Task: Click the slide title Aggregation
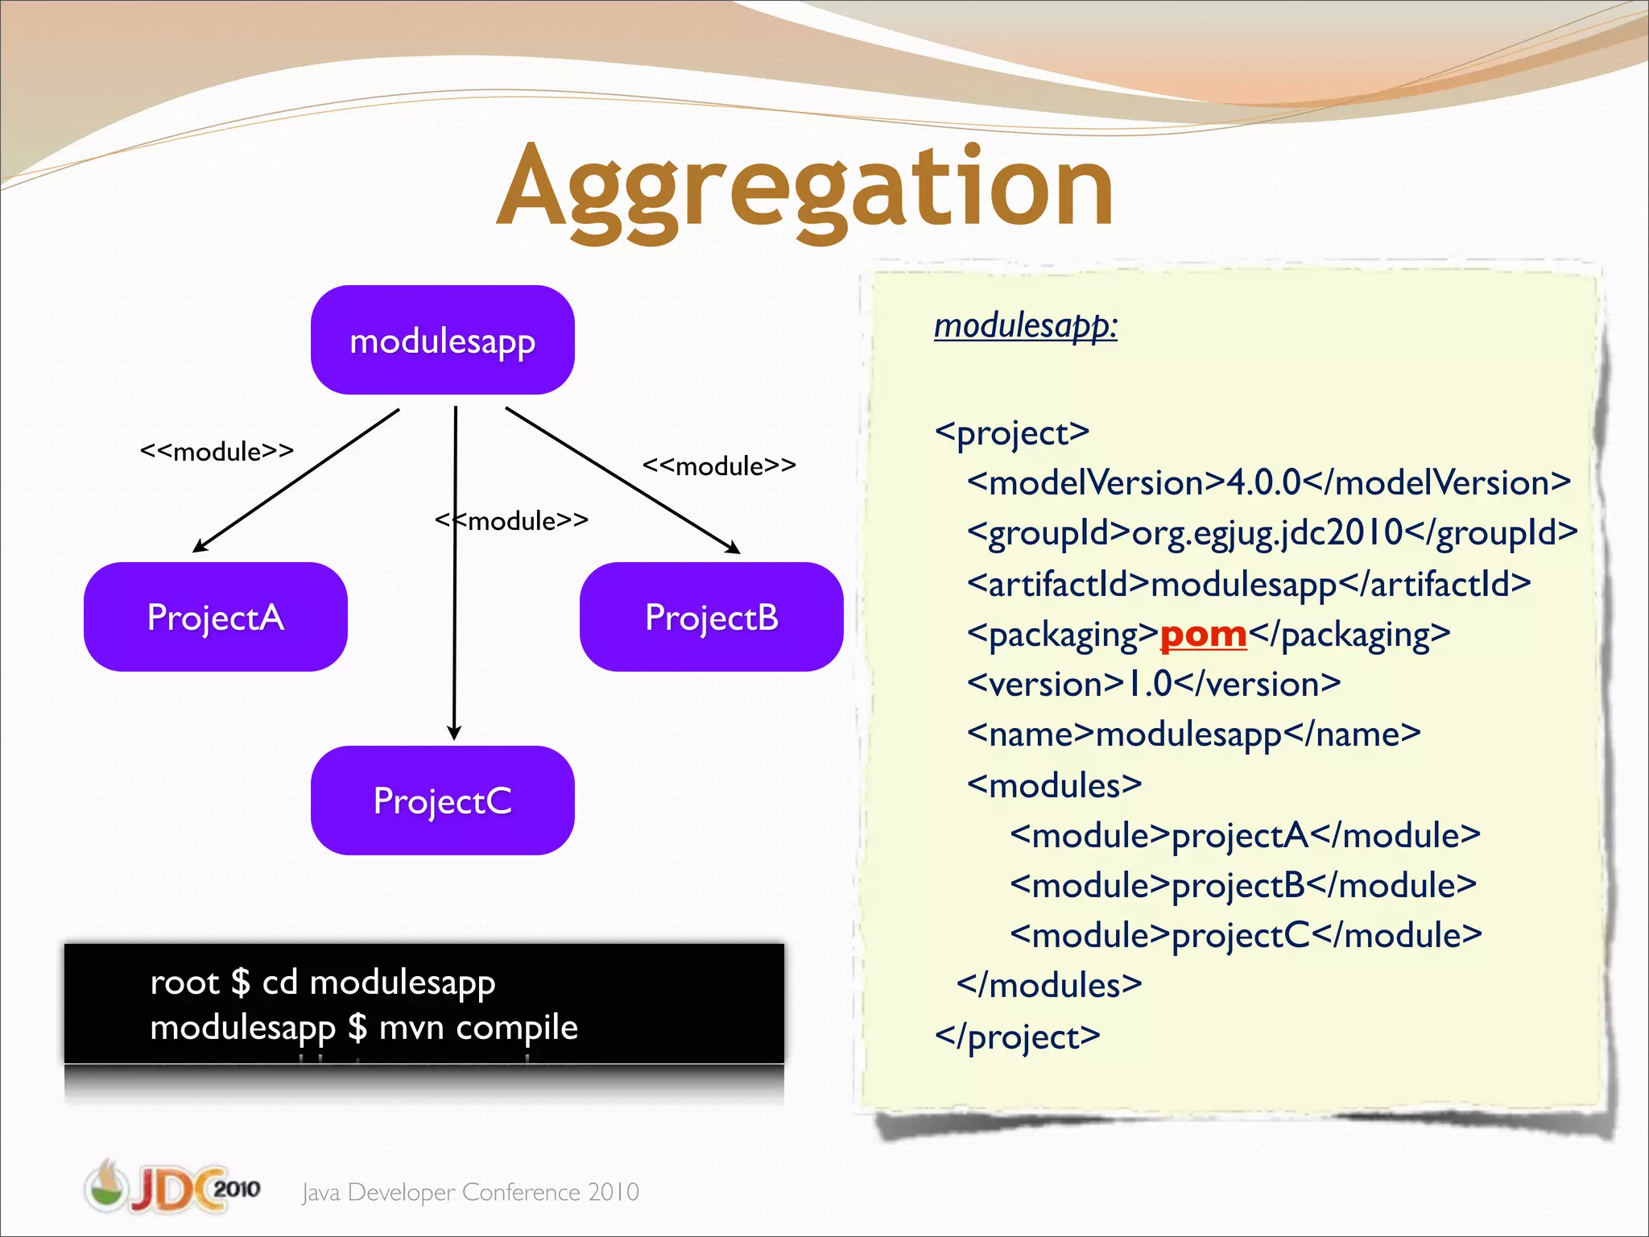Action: [x=805, y=189]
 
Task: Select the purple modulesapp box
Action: [x=442, y=340]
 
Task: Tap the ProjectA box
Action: [x=215, y=617]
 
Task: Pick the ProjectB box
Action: [x=711, y=617]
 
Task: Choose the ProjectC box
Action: [x=442, y=801]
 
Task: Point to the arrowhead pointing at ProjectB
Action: [x=734, y=548]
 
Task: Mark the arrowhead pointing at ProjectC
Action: [x=454, y=733]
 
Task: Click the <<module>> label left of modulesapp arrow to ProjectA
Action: [x=217, y=451]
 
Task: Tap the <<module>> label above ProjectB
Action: [x=719, y=465]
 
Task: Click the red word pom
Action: [x=1203, y=634]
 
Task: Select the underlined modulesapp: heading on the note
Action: [x=1025, y=325]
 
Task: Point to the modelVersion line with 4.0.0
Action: [x=1268, y=482]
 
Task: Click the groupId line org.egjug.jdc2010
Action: [x=1272, y=532]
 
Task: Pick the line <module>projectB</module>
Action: [x=1243, y=885]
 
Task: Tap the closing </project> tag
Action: [x=1017, y=1036]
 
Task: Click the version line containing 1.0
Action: [x=1153, y=684]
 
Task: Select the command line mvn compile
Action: [x=364, y=1027]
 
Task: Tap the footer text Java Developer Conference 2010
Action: [x=470, y=1192]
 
